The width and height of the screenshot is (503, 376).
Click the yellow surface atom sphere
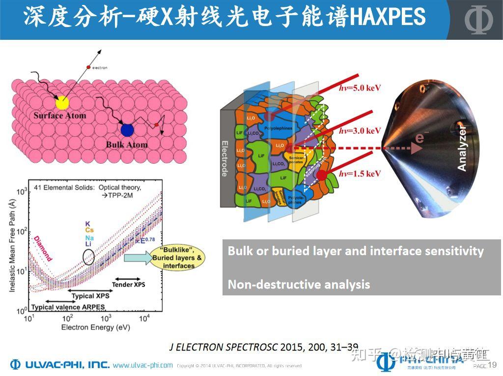(x=62, y=102)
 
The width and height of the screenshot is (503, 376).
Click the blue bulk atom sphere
(x=127, y=130)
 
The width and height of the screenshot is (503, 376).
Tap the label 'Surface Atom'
(x=59, y=116)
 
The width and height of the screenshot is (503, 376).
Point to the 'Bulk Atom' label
(x=126, y=145)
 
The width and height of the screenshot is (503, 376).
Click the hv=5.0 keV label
(x=360, y=88)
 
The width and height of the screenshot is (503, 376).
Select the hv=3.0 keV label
(x=360, y=131)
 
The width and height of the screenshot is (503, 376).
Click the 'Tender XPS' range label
(x=129, y=284)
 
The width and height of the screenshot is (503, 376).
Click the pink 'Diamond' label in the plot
(x=43, y=248)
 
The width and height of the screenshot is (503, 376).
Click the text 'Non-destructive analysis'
(x=299, y=284)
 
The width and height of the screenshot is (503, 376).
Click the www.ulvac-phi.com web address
(x=142, y=365)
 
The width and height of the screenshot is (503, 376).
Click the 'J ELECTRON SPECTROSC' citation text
(x=224, y=347)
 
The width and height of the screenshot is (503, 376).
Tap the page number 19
(x=493, y=365)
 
